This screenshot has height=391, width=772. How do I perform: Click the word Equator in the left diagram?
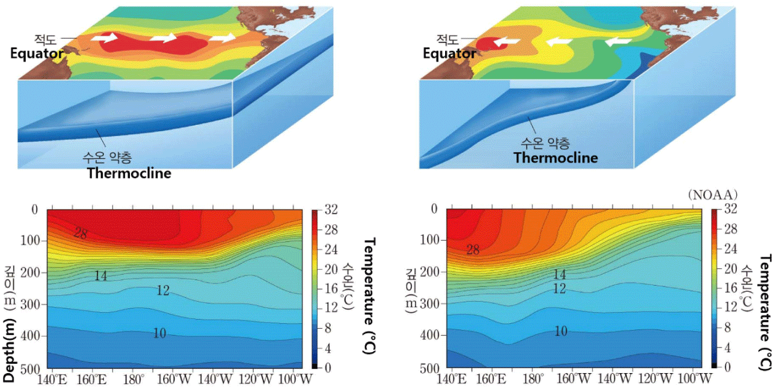pos(36,54)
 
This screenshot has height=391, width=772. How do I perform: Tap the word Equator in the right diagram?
pos(449,54)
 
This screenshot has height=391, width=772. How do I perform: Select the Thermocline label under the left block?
pos(129,173)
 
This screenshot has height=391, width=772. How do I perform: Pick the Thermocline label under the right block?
pos(555,158)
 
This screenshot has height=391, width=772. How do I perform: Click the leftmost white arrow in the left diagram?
pos(108,38)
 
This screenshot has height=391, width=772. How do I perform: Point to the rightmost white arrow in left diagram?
pos(221,38)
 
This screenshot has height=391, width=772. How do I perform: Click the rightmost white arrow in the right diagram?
pos(618,41)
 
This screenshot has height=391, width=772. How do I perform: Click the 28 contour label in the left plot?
pos(81,233)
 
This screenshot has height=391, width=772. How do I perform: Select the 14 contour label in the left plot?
pos(101,276)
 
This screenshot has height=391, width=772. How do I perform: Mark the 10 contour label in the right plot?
pos(560,331)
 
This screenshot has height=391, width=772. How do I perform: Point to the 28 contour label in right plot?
pos(472,250)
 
